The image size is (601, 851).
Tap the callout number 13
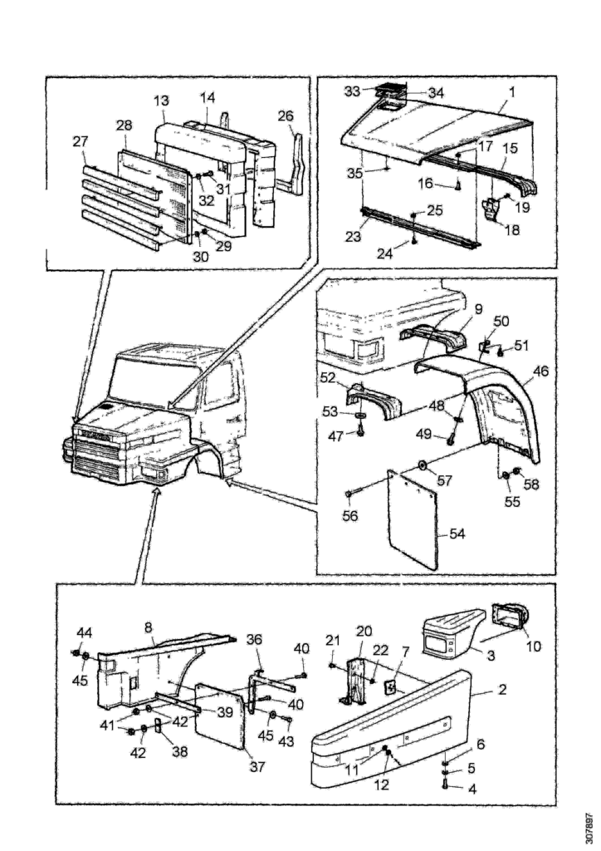tap(160, 101)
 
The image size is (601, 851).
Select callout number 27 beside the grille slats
tap(81, 141)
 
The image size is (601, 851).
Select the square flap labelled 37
tap(218, 716)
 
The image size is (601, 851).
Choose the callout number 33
tap(352, 91)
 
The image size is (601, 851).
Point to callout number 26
tap(286, 116)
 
